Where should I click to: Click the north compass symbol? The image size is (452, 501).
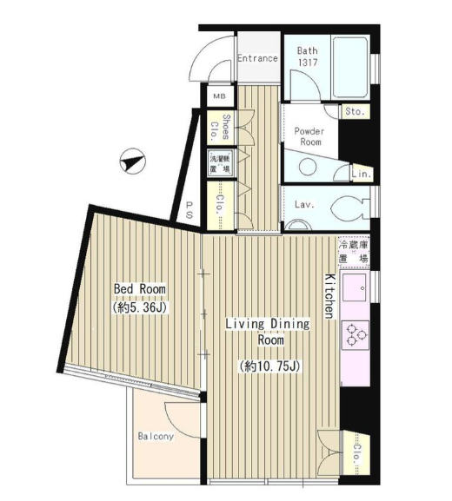click(132, 161)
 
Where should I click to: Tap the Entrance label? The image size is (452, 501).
click(257, 58)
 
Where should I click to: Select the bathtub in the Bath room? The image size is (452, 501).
click(349, 67)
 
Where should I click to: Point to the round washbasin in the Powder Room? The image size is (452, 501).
click(308, 167)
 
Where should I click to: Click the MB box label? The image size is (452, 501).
click(219, 96)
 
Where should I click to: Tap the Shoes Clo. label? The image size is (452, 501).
click(221, 128)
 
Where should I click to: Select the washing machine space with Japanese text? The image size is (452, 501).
click(221, 163)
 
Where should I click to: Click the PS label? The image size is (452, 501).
click(189, 209)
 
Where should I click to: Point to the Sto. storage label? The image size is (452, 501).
click(355, 111)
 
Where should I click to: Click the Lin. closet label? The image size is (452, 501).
click(362, 175)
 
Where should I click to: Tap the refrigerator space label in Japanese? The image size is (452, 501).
click(354, 252)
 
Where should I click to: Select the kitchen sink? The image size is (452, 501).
click(355, 287)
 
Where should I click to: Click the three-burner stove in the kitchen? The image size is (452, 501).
click(355, 335)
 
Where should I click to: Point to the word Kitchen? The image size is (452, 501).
click(329, 296)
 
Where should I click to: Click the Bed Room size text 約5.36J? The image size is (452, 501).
click(139, 307)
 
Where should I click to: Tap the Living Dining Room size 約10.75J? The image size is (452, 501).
click(270, 366)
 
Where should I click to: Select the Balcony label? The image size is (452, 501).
click(156, 436)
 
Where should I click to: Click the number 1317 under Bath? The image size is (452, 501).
click(308, 62)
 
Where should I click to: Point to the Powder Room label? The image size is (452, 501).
click(309, 136)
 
